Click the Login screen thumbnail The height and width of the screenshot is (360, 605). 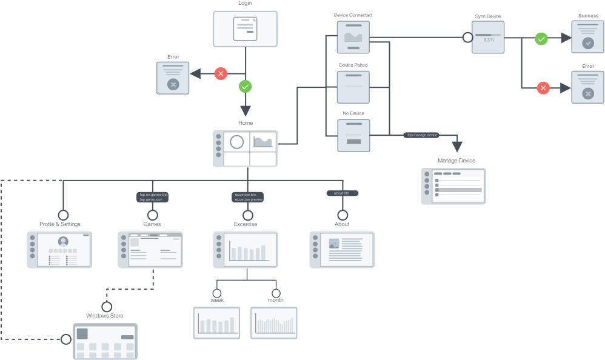pos(245,29)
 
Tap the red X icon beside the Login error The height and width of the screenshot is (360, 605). pos(221,74)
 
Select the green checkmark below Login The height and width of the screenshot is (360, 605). pos(245,87)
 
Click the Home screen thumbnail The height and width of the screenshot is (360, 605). pos(245,148)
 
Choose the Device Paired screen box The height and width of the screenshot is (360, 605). pos(353,87)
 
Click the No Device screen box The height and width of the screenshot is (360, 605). pos(353,135)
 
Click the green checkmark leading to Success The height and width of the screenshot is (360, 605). pos(541,39)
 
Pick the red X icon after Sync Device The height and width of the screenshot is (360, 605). pos(543,88)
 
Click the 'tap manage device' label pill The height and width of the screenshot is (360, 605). pos(422,135)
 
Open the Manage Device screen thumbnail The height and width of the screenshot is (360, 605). pos(453,185)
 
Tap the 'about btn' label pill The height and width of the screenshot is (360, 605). pos(343,193)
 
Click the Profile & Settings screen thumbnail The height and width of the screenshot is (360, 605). pos(60,249)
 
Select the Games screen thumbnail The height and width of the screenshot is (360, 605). pos(150,249)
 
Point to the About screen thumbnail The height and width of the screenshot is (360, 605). pos(341,249)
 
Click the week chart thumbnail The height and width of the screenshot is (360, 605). pos(217,322)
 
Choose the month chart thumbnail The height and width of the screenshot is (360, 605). pos(274,322)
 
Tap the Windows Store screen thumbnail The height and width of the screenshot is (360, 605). pos(105,341)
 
